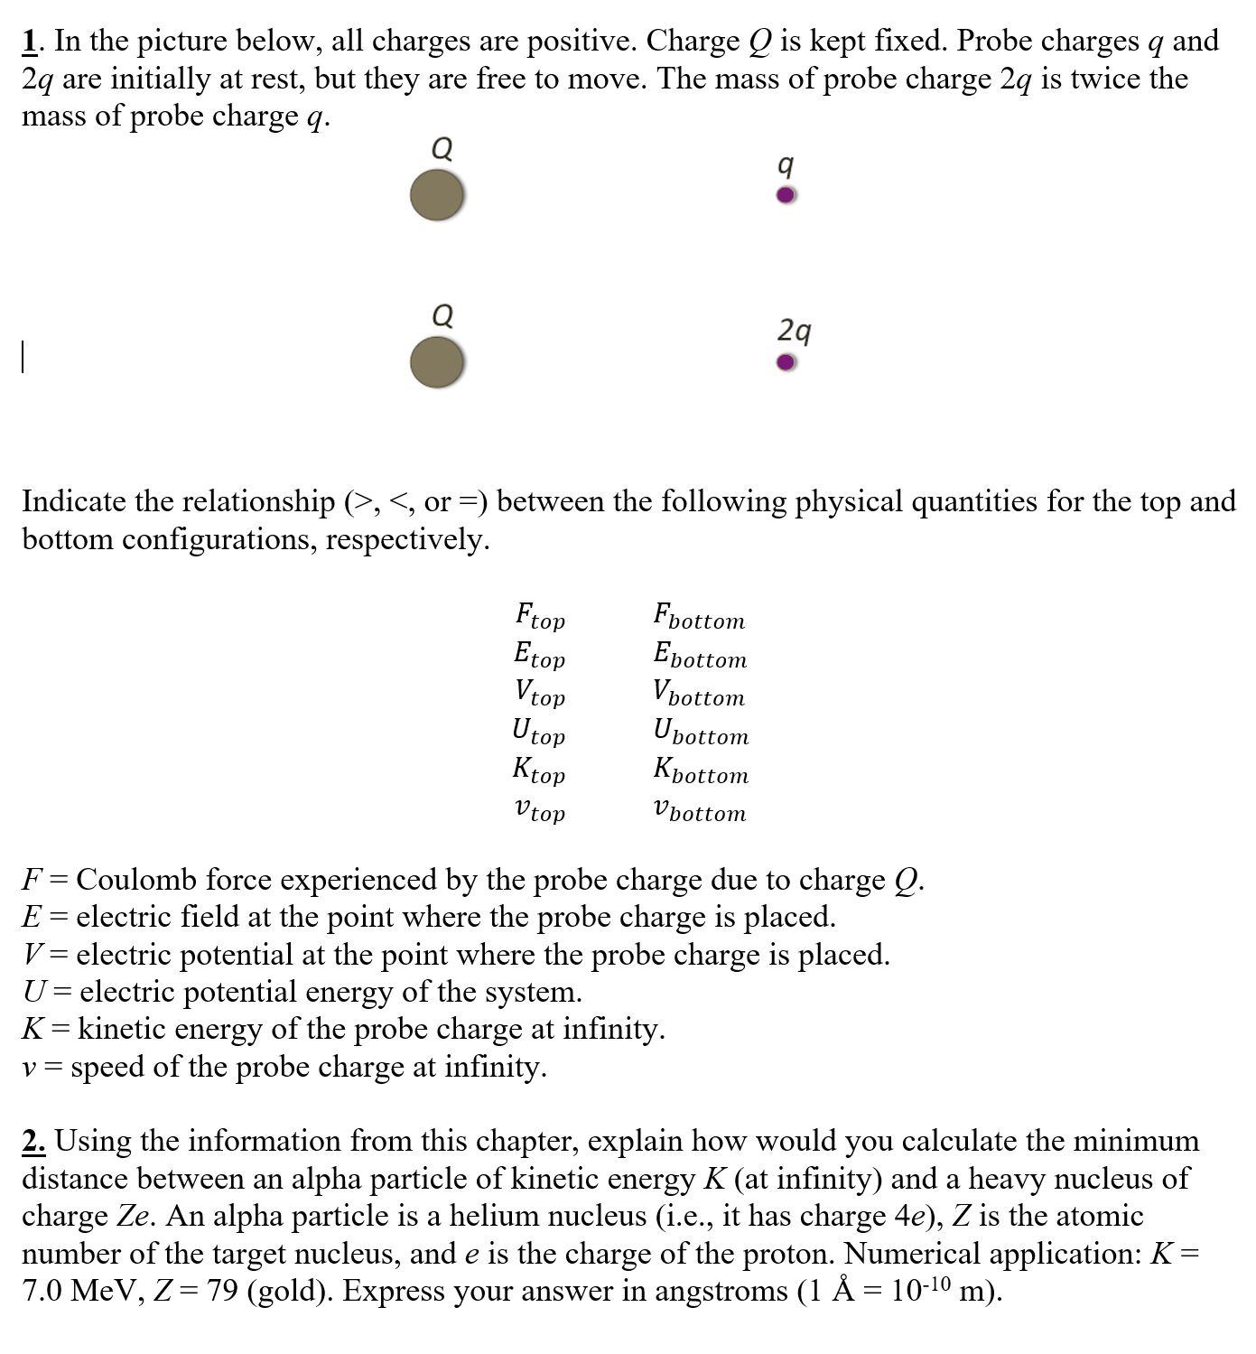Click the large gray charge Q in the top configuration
[x=437, y=196]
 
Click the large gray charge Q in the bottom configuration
[x=437, y=362]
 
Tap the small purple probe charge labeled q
[x=786, y=195]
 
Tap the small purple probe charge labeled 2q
[x=786, y=362]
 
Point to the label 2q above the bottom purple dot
[x=794, y=331]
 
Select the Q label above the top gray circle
[x=442, y=148]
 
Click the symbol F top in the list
[x=540, y=617]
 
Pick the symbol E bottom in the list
[x=700, y=655]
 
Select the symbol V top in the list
[x=540, y=694]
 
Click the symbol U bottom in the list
[x=701, y=732]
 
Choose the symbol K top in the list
[x=539, y=770]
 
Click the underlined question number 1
[x=31, y=41]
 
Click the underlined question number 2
[x=34, y=1141]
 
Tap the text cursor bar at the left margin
[x=23, y=356]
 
